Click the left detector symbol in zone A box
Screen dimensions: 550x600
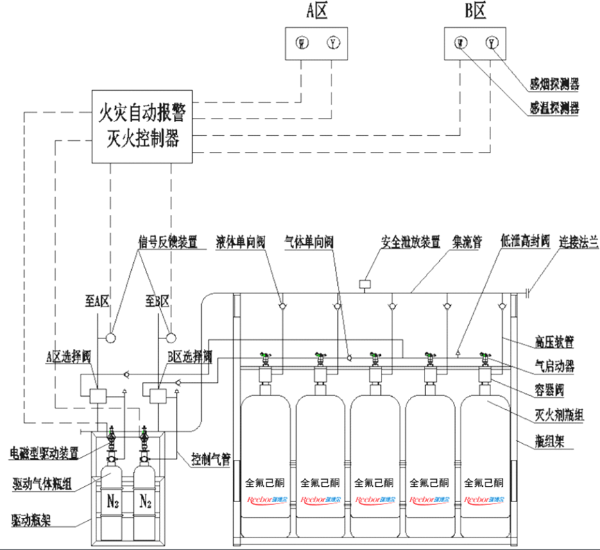302,44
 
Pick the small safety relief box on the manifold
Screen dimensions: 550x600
365,283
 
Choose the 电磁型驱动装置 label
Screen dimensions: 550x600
45,454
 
